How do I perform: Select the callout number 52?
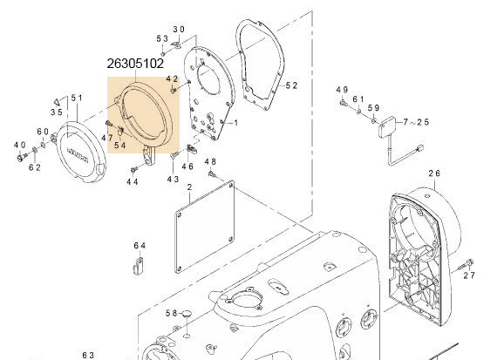tap(292, 85)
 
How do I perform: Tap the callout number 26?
tap(434, 173)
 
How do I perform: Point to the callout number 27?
tap(469, 275)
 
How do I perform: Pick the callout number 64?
tap(140, 245)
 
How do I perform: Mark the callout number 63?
tap(88, 355)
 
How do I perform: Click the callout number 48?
tap(210, 162)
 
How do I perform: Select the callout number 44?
tap(133, 181)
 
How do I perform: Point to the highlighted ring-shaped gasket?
tap(143, 113)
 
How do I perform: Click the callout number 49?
tap(342, 91)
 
